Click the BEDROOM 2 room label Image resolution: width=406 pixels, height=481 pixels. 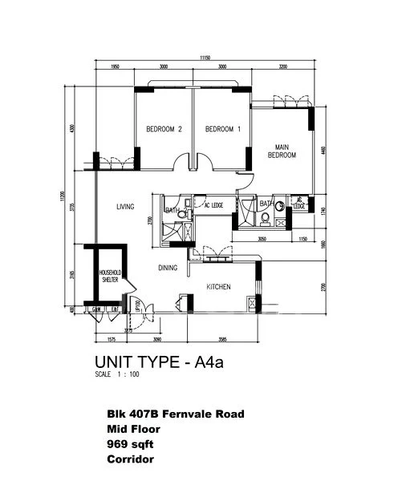(164, 129)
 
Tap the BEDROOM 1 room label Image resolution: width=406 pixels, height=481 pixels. (222, 129)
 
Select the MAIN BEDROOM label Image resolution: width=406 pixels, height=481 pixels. (282, 151)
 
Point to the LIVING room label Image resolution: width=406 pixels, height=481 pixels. (124, 207)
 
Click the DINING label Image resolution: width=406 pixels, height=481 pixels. (168, 268)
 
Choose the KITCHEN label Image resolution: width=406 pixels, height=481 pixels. (219, 287)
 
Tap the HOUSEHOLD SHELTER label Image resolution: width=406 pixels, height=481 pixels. (109, 277)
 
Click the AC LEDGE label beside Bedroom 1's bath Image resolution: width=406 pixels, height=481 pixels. (212, 206)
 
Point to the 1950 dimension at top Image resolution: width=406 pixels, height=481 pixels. (115, 67)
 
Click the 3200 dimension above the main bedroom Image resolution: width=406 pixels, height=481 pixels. (282, 67)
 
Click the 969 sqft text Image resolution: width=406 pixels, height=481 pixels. (129, 445)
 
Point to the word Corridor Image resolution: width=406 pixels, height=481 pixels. (128, 460)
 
